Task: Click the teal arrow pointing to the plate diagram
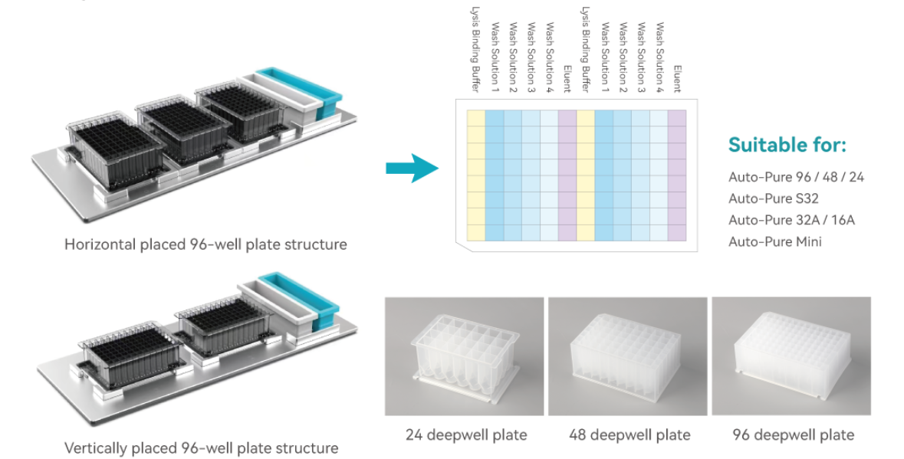click(412, 168)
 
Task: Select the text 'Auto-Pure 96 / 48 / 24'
click(796, 177)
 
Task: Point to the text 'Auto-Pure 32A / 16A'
click(791, 220)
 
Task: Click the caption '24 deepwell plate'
click(466, 434)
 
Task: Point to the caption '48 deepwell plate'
click(630, 434)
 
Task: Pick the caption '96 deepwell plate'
click(793, 434)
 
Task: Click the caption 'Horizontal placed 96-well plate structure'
click(205, 244)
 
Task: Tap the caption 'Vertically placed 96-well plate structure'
click(201, 448)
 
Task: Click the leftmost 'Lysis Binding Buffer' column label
click(475, 51)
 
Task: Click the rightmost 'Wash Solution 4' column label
click(659, 57)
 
